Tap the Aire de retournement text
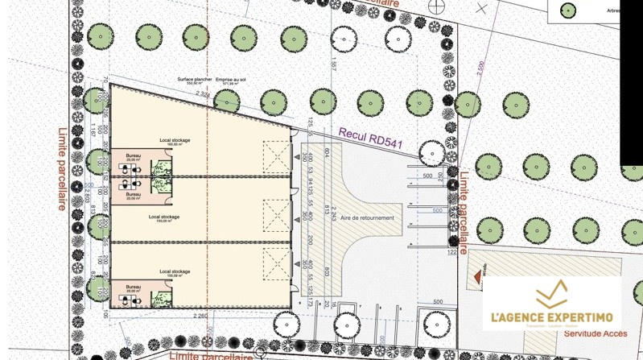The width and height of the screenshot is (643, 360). click(367, 218)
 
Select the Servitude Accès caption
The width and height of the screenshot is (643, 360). click(595, 333)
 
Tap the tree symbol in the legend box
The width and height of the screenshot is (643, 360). click(569, 11)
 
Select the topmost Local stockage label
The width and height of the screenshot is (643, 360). click(175, 140)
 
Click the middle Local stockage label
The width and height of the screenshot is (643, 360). click(164, 217)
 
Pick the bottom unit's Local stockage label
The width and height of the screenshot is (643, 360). click(175, 272)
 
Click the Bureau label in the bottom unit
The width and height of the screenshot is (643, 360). click(133, 286)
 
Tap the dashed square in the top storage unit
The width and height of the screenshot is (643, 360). click(277, 156)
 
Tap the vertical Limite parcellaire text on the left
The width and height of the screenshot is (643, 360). click(62, 169)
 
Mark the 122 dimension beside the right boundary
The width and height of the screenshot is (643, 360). click(451, 252)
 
